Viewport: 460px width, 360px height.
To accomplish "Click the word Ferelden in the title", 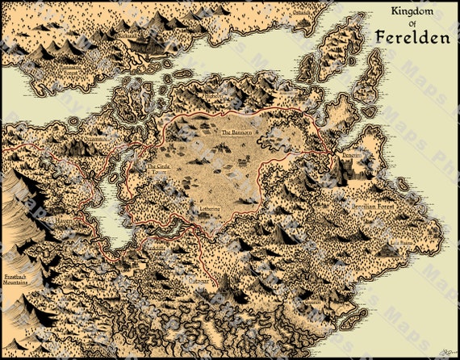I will [412, 38].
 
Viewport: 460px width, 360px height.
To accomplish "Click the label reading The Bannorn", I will [237, 132].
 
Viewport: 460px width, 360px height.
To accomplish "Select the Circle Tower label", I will [160, 170].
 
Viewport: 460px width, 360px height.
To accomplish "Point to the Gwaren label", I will [402, 241].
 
